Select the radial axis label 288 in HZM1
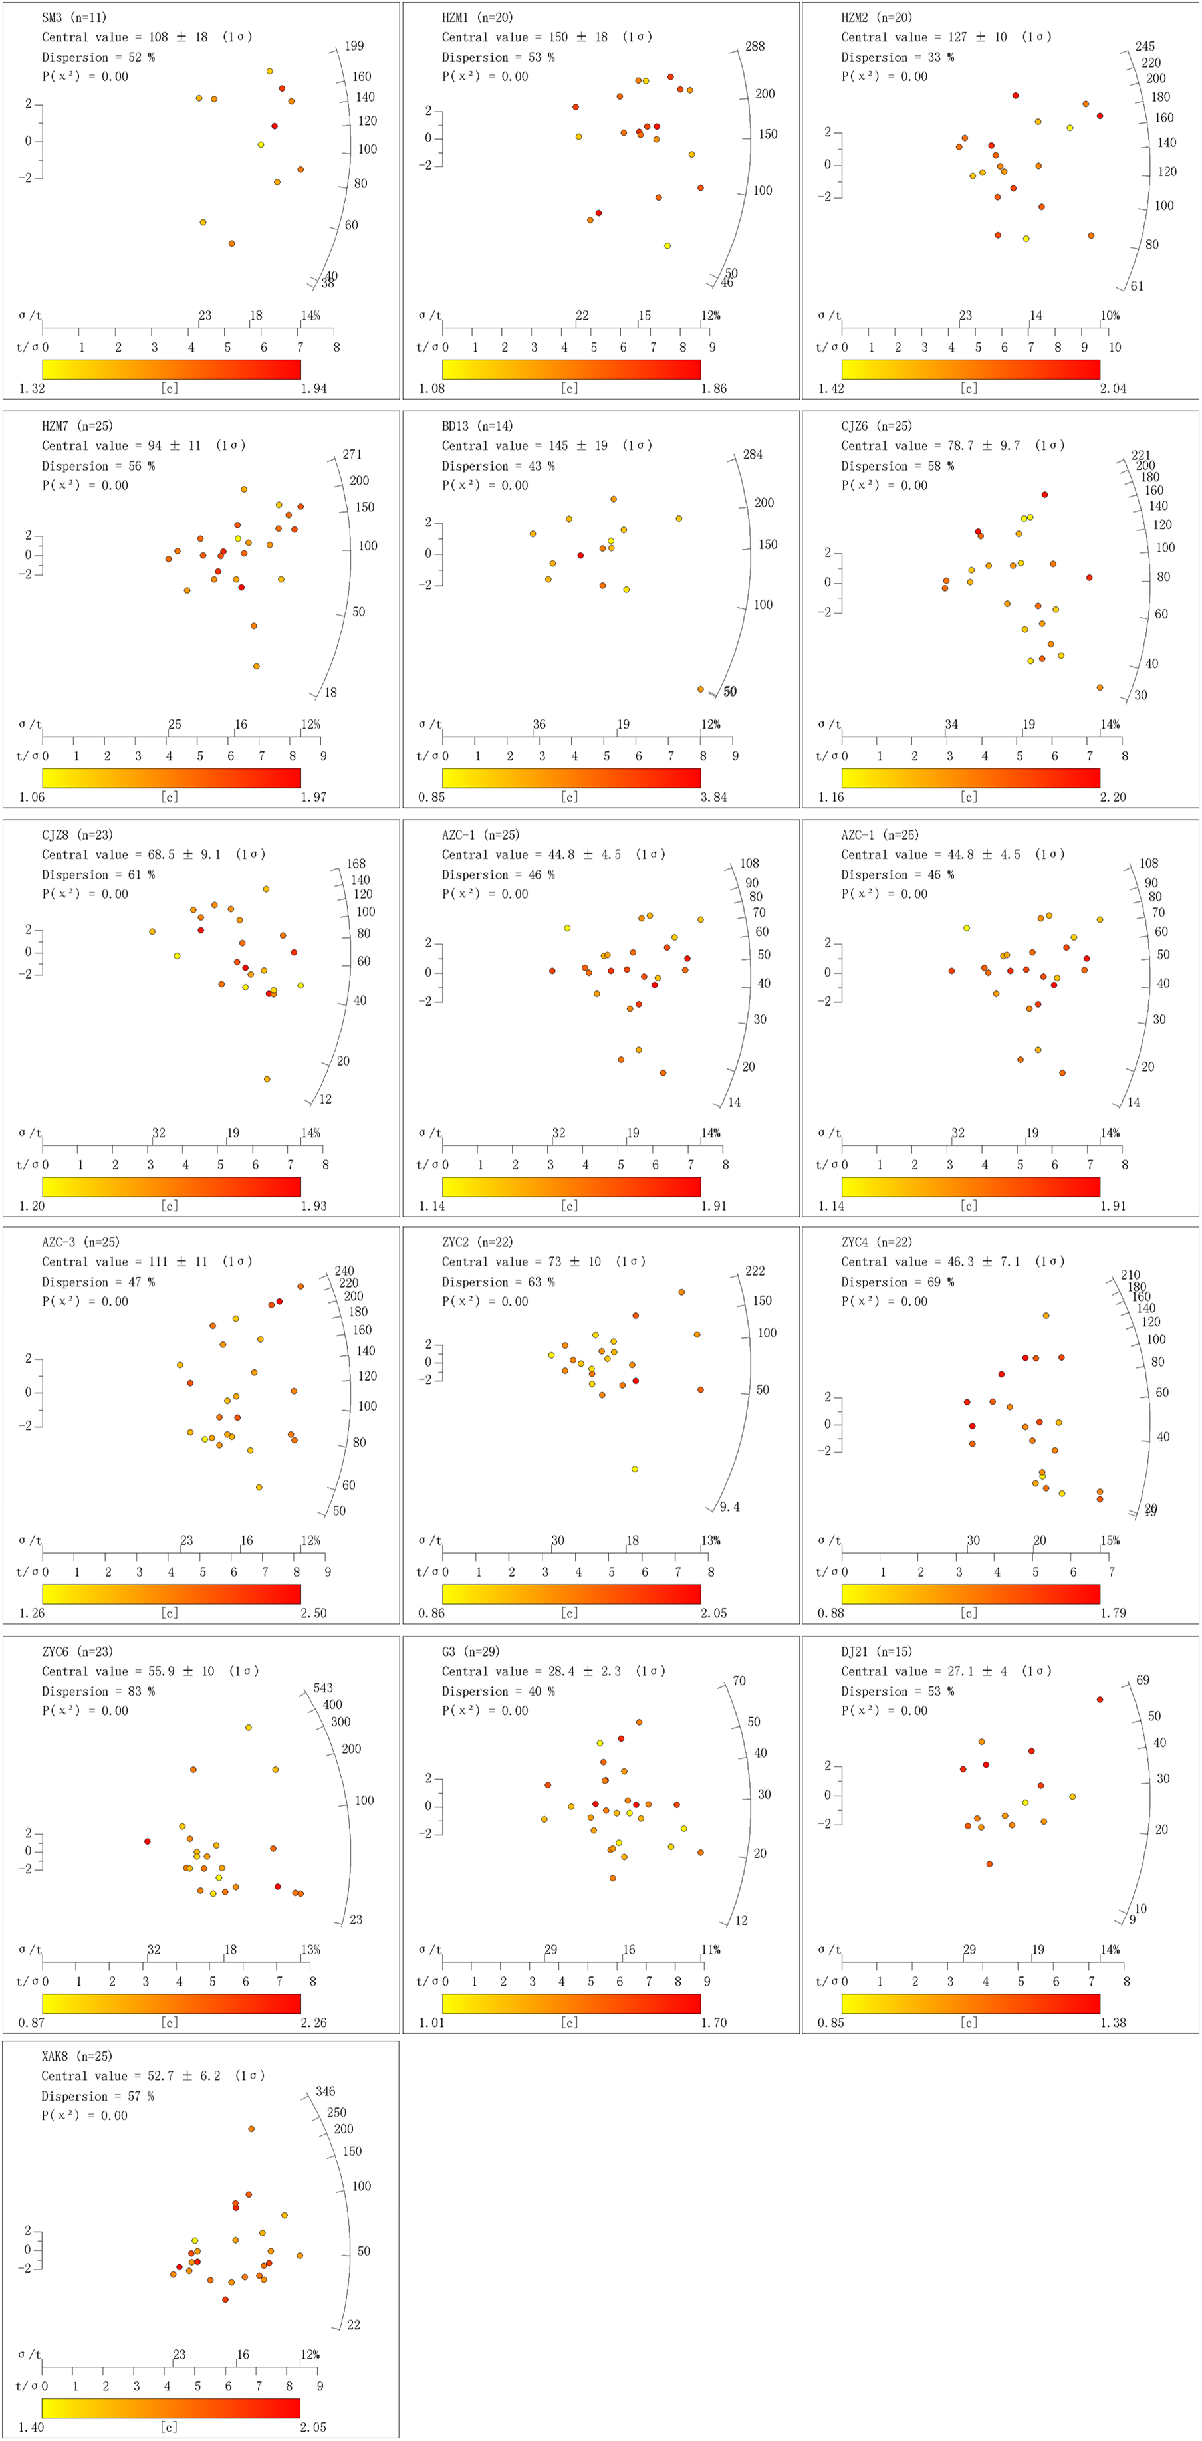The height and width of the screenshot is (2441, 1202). click(x=755, y=45)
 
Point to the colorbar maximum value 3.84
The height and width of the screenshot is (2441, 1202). click(x=714, y=797)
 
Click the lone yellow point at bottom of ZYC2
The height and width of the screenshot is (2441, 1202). click(x=634, y=1468)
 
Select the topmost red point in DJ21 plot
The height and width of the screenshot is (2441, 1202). click(x=1100, y=1699)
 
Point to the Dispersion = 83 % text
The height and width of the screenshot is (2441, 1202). click(x=98, y=1690)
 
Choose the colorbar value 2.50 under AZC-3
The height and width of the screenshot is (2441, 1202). click(x=314, y=1613)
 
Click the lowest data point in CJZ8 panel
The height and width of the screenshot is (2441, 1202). click(x=267, y=1078)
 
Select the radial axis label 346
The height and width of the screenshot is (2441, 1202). click(x=325, y=2091)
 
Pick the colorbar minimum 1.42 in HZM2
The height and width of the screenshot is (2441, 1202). click(x=830, y=388)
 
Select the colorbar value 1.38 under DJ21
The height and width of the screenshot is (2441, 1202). click(x=1113, y=2022)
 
